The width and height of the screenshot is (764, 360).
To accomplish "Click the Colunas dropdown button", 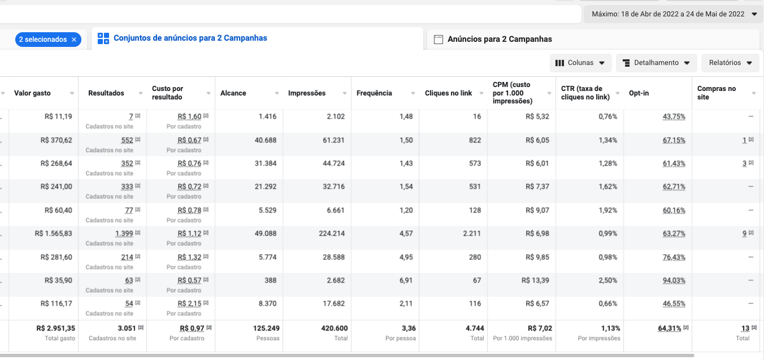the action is [x=580, y=63].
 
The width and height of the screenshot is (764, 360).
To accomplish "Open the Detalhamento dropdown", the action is [x=656, y=63].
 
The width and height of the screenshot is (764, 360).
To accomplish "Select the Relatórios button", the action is [x=730, y=63].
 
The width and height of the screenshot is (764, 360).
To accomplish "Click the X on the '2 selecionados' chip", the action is [x=74, y=40].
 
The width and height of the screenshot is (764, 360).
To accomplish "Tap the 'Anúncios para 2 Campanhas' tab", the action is [x=500, y=39].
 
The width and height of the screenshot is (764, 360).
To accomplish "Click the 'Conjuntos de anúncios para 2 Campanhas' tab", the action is [x=190, y=38].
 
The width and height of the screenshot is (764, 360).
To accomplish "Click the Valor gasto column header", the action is [x=32, y=93].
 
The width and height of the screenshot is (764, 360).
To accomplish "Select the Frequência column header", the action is [x=374, y=93].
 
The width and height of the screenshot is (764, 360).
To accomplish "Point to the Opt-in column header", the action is [x=639, y=93].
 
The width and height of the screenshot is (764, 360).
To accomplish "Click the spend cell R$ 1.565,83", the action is [x=53, y=234].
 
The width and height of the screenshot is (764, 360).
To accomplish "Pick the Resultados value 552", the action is [x=127, y=140].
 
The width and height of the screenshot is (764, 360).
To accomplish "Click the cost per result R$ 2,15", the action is [x=189, y=303].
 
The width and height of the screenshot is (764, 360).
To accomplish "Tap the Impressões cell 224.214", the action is [x=332, y=234].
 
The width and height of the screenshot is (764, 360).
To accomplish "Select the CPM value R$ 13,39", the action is [x=535, y=280].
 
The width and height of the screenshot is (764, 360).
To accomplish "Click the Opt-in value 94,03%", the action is [x=674, y=280].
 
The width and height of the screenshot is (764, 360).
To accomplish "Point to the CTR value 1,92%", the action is [x=608, y=210].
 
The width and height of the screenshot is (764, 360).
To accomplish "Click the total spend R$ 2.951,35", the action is [x=55, y=328].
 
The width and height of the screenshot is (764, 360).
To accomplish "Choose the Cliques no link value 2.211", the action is [x=472, y=234].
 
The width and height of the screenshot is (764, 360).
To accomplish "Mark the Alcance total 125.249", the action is [x=266, y=328].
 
